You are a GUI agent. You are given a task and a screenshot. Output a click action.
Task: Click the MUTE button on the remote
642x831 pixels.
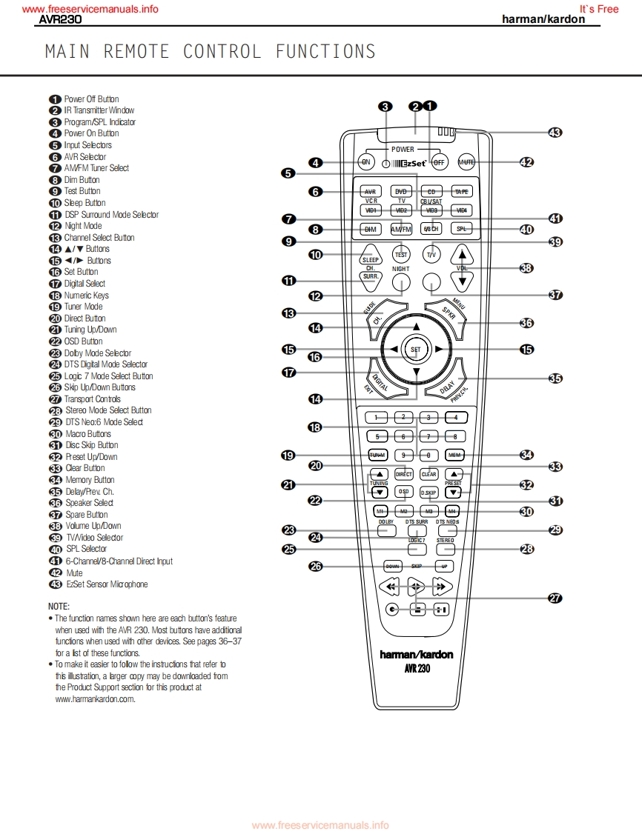coord(466,161)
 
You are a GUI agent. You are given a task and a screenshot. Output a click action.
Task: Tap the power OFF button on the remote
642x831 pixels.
coord(439,161)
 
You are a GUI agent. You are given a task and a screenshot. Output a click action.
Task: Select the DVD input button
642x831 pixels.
coord(401,191)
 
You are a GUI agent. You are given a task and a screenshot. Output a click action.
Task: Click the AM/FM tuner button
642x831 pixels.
coord(401,229)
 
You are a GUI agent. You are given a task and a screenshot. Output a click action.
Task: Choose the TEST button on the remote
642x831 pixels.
coord(401,254)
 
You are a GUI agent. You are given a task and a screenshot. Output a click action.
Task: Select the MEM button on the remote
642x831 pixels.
coord(454,455)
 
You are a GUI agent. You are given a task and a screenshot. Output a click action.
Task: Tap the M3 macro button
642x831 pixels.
coord(428,511)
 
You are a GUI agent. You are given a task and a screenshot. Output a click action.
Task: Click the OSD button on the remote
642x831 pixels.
coord(403,491)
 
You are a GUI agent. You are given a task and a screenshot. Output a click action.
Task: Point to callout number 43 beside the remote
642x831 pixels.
coord(555,133)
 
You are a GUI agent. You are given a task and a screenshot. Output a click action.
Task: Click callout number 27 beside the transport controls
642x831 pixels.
coord(555,598)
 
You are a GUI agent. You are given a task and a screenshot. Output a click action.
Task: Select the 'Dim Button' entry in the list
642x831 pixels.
coord(82,180)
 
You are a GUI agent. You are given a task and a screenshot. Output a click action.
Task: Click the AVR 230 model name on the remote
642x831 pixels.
coord(416,668)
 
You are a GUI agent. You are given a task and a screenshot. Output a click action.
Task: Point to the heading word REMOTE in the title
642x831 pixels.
coord(136,52)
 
